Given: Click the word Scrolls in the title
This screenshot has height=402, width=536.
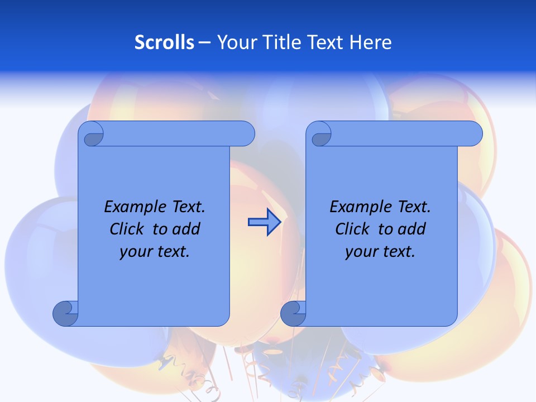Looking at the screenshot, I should click(x=164, y=42).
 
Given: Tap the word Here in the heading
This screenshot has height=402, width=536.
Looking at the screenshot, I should click(x=370, y=42).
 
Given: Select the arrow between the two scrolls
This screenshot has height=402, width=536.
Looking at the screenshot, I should click(x=264, y=222).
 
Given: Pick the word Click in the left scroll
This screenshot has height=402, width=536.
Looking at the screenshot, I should click(x=128, y=229).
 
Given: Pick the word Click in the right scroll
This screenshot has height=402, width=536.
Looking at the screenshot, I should click(x=353, y=229).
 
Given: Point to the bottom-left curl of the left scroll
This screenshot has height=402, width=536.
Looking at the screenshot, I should click(x=65, y=313).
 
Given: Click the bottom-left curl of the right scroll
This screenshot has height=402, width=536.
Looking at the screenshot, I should click(x=293, y=313).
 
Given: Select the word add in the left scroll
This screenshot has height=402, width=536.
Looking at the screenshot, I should click(x=185, y=229).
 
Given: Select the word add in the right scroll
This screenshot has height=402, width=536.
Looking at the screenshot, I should click(x=411, y=229).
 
